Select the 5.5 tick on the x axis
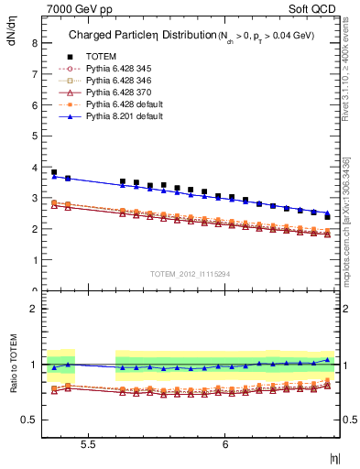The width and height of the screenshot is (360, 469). click(89, 442)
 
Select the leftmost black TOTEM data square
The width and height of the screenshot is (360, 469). click(54, 172)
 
